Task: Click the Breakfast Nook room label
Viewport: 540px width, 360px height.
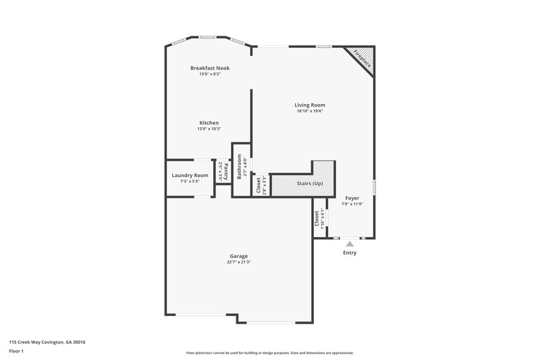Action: (x=209, y=68)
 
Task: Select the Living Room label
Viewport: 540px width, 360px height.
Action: (x=310, y=105)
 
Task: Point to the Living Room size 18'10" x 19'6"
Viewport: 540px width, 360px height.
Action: (x=310, y=111)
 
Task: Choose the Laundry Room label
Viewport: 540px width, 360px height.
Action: (x=190, y=176)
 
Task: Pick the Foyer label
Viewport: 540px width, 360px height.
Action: (x=352, y=198)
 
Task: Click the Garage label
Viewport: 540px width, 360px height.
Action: (x=238, y=256)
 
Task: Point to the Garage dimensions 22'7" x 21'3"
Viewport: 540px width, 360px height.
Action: (x=238, y=262)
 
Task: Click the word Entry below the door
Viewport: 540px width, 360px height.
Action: (x=350, y=253)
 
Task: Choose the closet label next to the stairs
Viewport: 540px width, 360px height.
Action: (x=257, y=184)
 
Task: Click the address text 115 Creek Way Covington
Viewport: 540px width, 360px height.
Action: (x=47, y=342)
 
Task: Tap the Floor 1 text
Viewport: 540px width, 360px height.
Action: (x=18, y=351)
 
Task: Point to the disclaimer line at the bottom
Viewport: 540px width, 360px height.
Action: (x=269, y=353)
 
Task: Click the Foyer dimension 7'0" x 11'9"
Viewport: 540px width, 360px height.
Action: (x=352, y=204)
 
